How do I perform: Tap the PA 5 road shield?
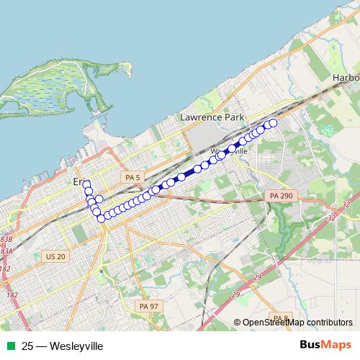pyautogui.click(x=130, y=177)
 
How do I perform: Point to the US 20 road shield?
pyautogui.click(x=55, y=256)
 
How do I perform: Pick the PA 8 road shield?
pyautogui.click(x=279, y=318)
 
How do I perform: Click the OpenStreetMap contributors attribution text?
pyautogui.click(x=297, y=323)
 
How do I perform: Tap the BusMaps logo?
pyautogui.click(x=325, y=346)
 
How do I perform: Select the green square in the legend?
pyautogui.click(x=9, y=346)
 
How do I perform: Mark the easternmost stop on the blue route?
pyautogui.click(x=273, y=123)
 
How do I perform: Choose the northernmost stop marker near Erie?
pyautogui.click(x=86, y=185)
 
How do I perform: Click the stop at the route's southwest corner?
pyautogui.click(x=102, y=218)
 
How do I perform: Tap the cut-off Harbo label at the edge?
pyautogui.click(x=346, y=77)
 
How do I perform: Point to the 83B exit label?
pyautogui.click(x=6, y=238)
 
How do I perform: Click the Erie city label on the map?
pyautogui.click(x=78, y=183)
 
